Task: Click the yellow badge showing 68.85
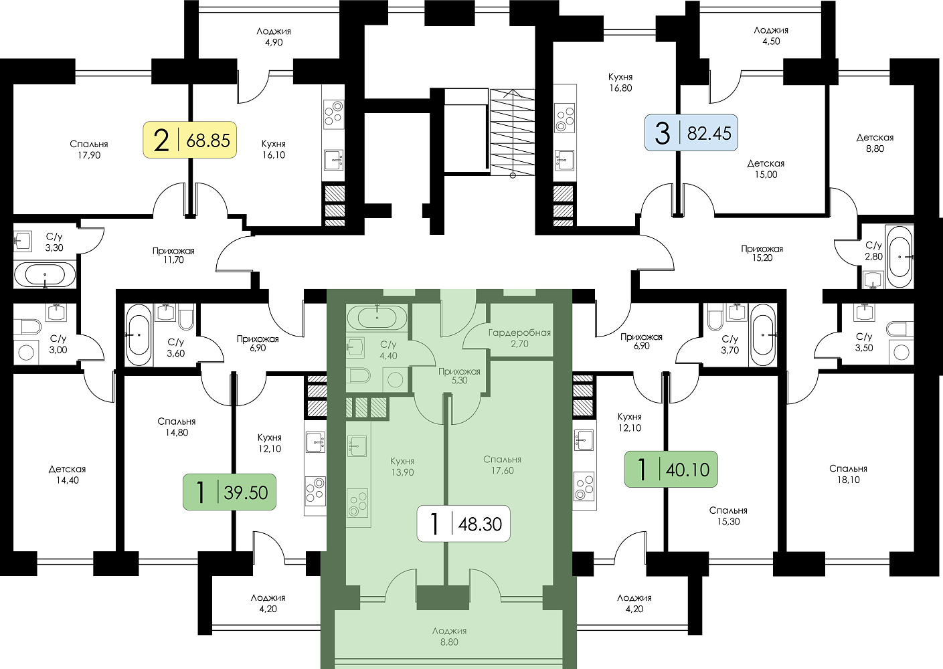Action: click(x=190, y=140)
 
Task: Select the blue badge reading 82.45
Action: click(x=691, y=132)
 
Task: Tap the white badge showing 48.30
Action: click(x=463, y=523)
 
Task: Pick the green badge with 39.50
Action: click(x=229, y=492)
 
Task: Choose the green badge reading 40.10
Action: click(x=671, y=469)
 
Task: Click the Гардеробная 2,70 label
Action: click(x=519, y=338)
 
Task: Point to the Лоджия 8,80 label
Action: click(x=449, y=636)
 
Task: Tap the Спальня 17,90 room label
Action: click(x=89, y=149)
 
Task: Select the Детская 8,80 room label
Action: click(x=875, y=142)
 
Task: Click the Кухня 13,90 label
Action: click(x=402, y=466)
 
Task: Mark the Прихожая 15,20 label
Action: click(x=762, y=253)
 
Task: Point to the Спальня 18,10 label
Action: click(x=848, y=474)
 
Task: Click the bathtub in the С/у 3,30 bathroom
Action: click(x=45, y=274)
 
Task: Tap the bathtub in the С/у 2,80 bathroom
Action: click(x=899, y=256)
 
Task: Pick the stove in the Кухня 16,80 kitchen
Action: click(x=565, y=118)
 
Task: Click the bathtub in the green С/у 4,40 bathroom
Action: click(x=377, y=316)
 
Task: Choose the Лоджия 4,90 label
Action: click(x=274, y=37)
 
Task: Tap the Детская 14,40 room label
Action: click(x=67, y=474)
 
